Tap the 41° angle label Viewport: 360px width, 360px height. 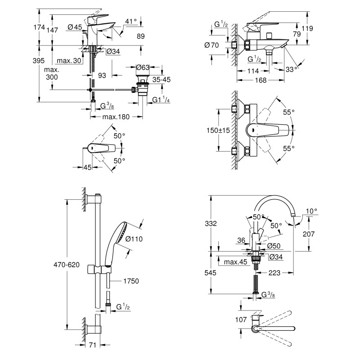click(x=130, y=22)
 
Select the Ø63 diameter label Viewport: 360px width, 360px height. click(x=143, y=67)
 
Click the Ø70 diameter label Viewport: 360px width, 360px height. click(x=211, y=45)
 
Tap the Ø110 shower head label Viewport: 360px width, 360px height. click(x=134, y=239)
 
